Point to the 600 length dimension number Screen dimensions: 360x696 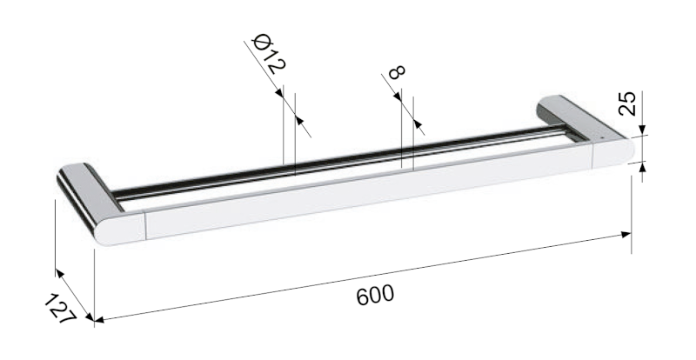coord(375,294)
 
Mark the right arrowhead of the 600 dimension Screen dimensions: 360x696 coord(626,233)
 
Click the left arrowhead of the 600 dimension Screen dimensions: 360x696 coord(99,320)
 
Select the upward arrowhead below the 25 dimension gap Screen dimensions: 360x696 coord(642,167)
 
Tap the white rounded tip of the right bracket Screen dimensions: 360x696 coord(613,151)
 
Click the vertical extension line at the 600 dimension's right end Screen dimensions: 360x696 coord(632,209)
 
